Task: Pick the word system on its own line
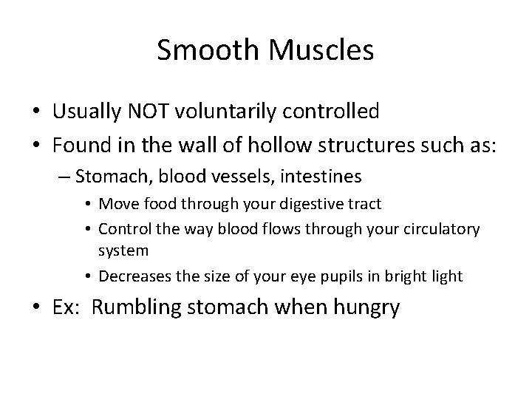point(124,250)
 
